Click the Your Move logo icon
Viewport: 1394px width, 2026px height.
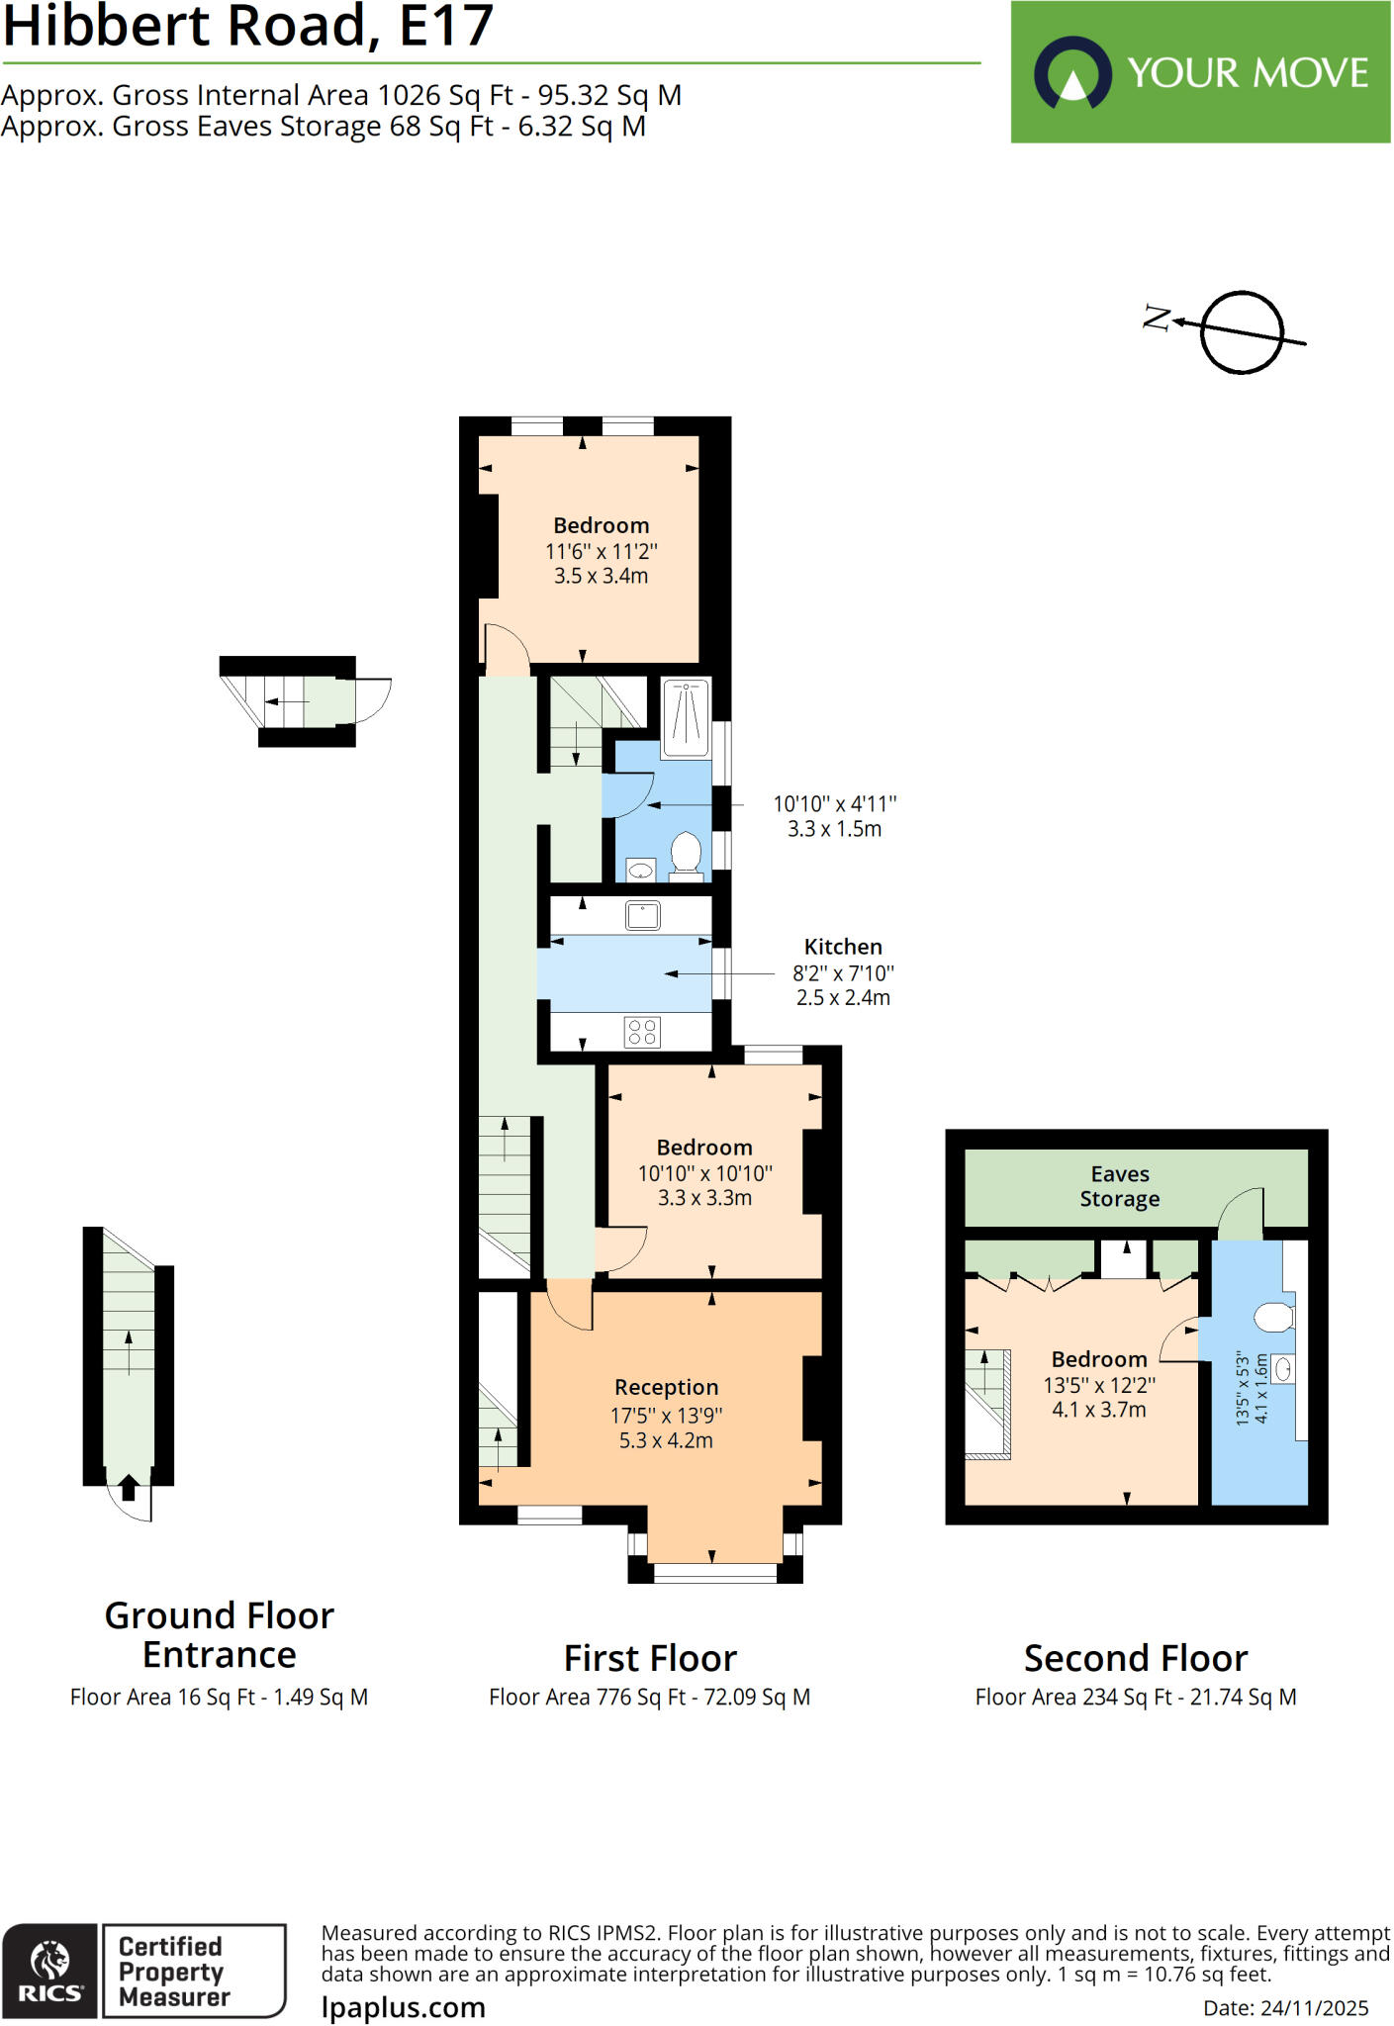click(x=1072, y=73)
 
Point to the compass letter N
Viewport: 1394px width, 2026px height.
click(x=1156, y=319)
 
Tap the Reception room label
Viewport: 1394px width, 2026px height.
click(x=666, y=1387)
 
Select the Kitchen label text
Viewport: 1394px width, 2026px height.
click(x=842, y=947)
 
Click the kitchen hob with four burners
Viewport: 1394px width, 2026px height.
click(x=642, y=1032)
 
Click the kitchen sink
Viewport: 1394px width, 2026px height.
click(x=642, y=915)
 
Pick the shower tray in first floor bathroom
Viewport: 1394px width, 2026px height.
click(x=685, y=716)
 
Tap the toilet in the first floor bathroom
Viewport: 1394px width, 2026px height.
click(x=686, y=854)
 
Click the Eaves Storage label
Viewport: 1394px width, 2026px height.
click(x=1119, y=1186)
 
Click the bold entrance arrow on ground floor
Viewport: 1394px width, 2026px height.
click(x=129, y=1487)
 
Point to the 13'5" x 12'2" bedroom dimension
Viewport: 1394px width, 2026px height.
click(x=1098, y=1385)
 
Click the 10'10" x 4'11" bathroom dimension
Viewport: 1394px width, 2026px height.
click(x=834, y=804)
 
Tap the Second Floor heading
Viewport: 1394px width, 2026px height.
click(x=1135, y=1658)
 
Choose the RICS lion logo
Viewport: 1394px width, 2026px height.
click(x=49, y=1960)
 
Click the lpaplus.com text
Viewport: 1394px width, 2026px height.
click(x=403, y=2007)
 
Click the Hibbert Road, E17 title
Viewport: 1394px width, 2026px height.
click(x=247, y=27)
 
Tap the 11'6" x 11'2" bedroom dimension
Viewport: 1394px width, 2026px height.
click(x=601, y=551)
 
